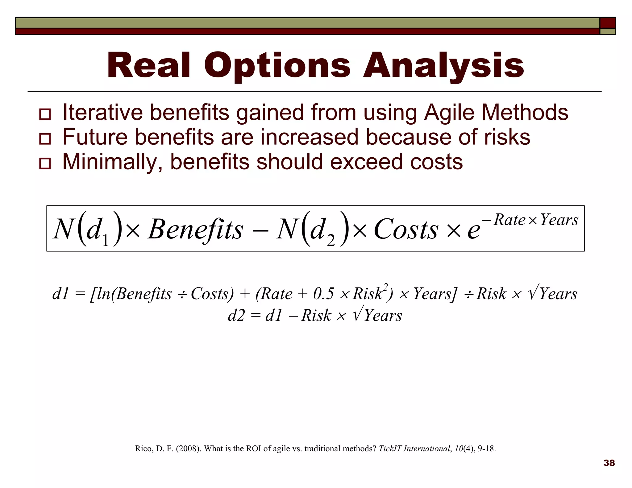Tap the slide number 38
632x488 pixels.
point(609,463)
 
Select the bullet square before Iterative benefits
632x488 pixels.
point(45,114)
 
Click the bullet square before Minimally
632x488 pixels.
point(45,163)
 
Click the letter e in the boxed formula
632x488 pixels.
point(473,231)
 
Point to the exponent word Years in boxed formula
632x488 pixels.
point(559,220)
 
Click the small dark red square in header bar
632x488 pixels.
point(608,23)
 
